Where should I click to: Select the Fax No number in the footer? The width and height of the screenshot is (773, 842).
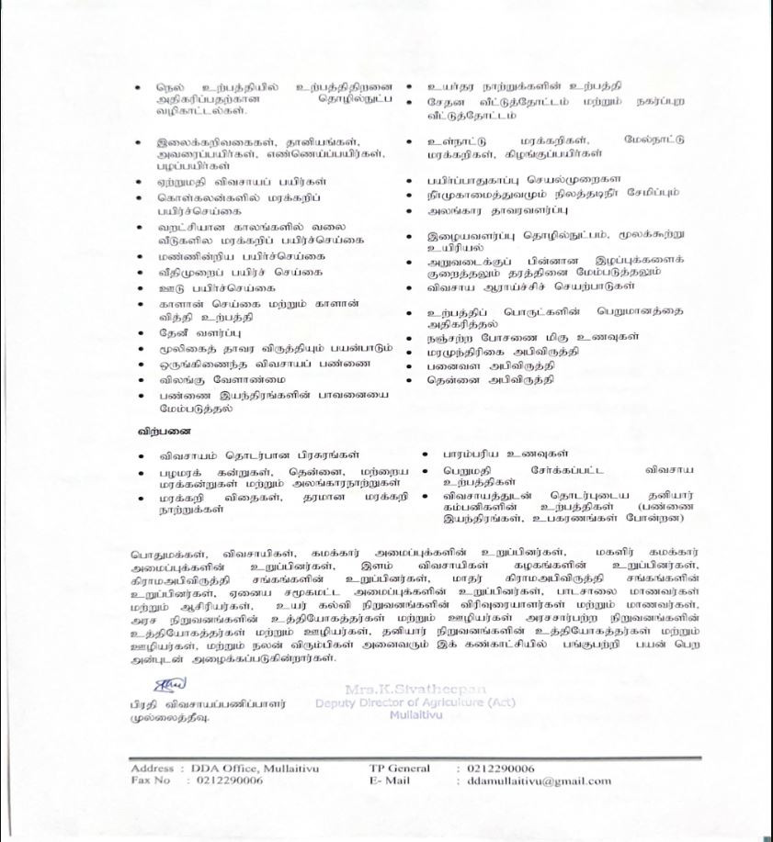(x=230, y=781)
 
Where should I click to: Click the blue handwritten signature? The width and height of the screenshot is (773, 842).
(x=170, y=684)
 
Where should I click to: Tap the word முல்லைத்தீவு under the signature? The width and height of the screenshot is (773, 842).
(x=170, y=719)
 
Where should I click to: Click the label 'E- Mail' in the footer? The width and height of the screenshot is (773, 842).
(x=387, y=781)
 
